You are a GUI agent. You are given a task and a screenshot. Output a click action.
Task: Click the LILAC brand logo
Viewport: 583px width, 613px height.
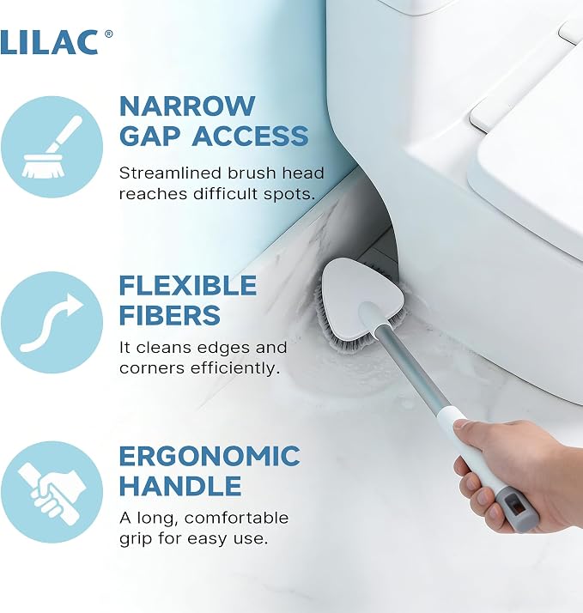pos(49,42)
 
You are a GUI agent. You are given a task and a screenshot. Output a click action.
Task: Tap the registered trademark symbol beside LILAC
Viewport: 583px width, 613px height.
pos(109,34)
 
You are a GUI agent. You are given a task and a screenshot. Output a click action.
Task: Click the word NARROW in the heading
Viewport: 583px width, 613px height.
pos(187,106)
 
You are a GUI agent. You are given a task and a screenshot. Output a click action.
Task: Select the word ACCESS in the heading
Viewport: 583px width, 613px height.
pos(250,136)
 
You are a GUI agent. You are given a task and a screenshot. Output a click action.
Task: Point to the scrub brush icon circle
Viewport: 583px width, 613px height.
pos(52,147)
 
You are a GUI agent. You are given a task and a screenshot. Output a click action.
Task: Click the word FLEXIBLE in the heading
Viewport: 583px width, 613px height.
pos(188,285)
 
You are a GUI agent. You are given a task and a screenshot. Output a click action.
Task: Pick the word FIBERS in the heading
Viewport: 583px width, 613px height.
pos(170,315)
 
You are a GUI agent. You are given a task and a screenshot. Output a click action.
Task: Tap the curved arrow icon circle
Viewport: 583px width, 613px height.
pos(52,322)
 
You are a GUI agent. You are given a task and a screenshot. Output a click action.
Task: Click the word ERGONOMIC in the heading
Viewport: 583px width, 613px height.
pos(210,456)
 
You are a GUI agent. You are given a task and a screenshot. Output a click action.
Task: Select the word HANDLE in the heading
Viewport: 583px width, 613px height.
pos(180,486)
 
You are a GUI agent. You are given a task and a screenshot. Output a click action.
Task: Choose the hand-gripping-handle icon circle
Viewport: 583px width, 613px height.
pos(52,492)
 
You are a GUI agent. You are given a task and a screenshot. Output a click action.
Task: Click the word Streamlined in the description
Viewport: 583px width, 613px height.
pos(171,173)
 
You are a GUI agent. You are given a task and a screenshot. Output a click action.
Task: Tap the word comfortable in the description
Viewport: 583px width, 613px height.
pos(236,518)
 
